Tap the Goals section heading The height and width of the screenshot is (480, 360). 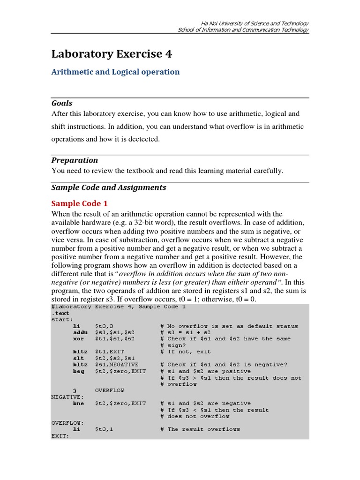(61, 103)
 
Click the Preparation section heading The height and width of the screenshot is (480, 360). (74, 160)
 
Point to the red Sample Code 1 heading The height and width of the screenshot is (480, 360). (79, 203)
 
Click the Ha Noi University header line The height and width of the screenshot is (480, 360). (255, 23)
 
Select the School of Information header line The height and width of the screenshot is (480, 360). (243, 30)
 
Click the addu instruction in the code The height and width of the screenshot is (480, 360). (80, 332)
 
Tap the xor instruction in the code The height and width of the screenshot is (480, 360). (78, 338)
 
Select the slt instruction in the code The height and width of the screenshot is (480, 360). (78, 358)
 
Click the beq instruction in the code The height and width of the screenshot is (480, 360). (78, 371)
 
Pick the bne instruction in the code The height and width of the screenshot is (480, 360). (78, 403)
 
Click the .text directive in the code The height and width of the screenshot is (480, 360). (60, 313)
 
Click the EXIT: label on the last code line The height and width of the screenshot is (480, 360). (60, 435)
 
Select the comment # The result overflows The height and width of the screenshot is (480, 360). (203, 429)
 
